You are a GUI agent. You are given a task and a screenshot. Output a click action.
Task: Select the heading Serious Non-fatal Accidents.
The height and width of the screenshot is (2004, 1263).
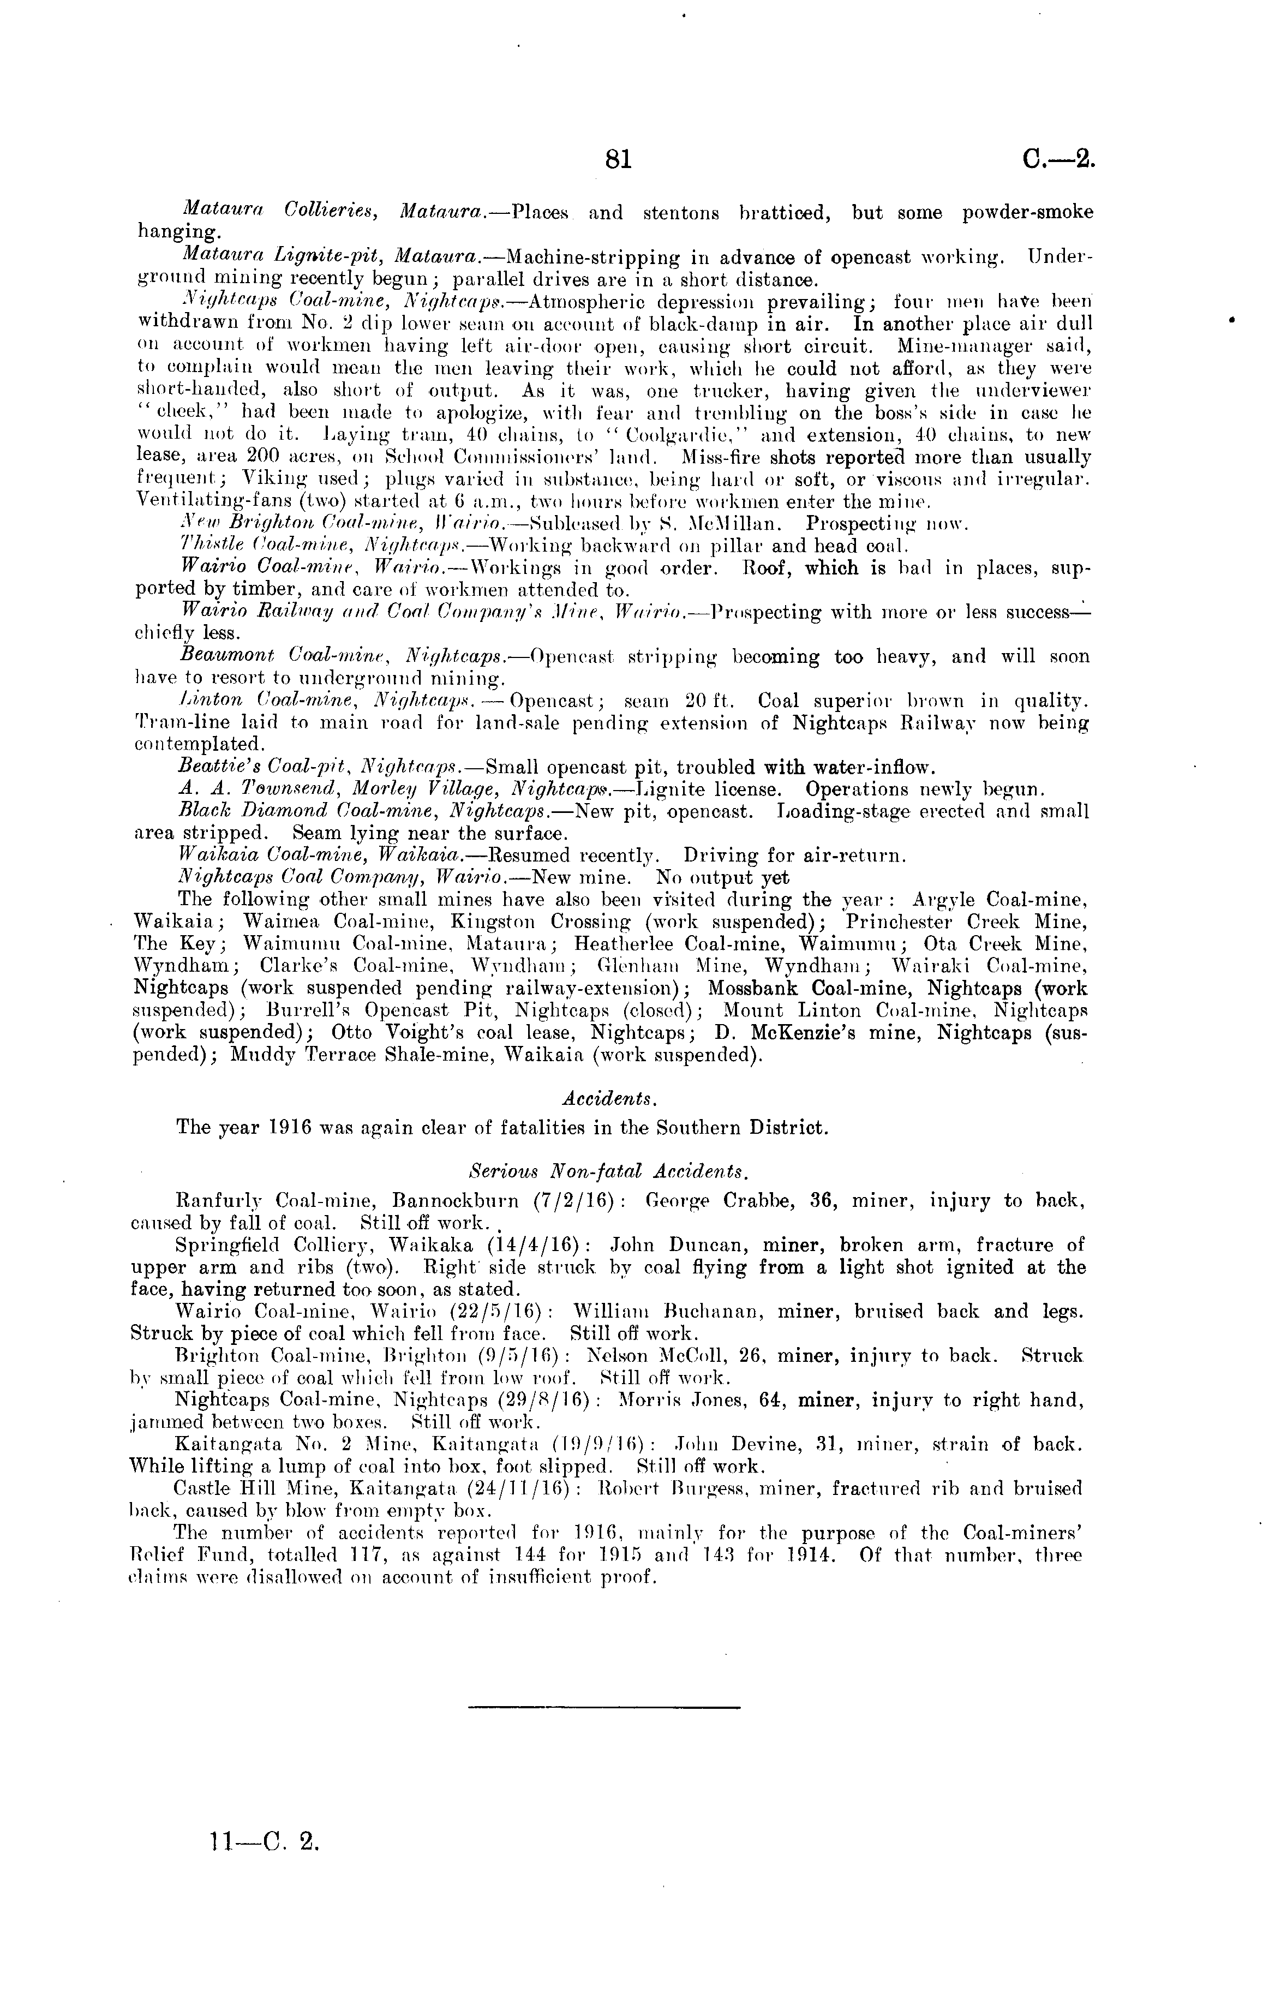point(610,1171)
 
